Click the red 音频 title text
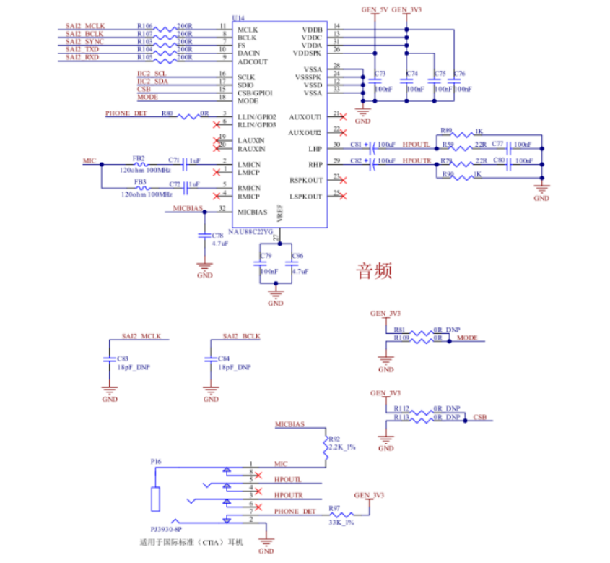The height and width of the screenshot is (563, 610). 375,271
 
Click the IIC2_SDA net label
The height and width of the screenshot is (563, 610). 152,81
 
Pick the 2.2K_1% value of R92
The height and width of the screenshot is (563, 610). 340,447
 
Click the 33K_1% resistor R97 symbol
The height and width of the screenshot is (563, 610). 339,513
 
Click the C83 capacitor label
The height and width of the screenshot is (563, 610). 122,358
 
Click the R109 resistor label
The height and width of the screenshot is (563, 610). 401,338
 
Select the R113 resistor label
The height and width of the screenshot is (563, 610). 401,417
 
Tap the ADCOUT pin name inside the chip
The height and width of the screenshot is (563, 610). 253,61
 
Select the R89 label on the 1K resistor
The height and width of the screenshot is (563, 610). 445,130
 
